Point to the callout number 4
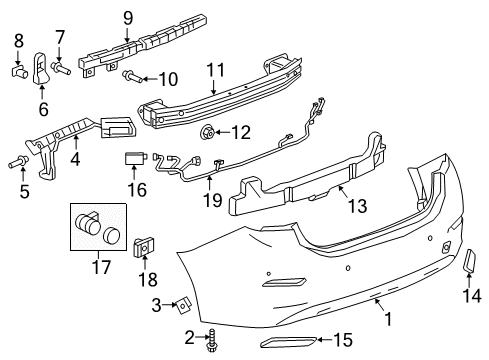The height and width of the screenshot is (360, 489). click(x=74, y=156)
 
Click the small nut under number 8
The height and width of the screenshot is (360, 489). click(x=18, y=71)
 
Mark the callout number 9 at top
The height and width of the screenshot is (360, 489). click(x=127, y=17)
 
